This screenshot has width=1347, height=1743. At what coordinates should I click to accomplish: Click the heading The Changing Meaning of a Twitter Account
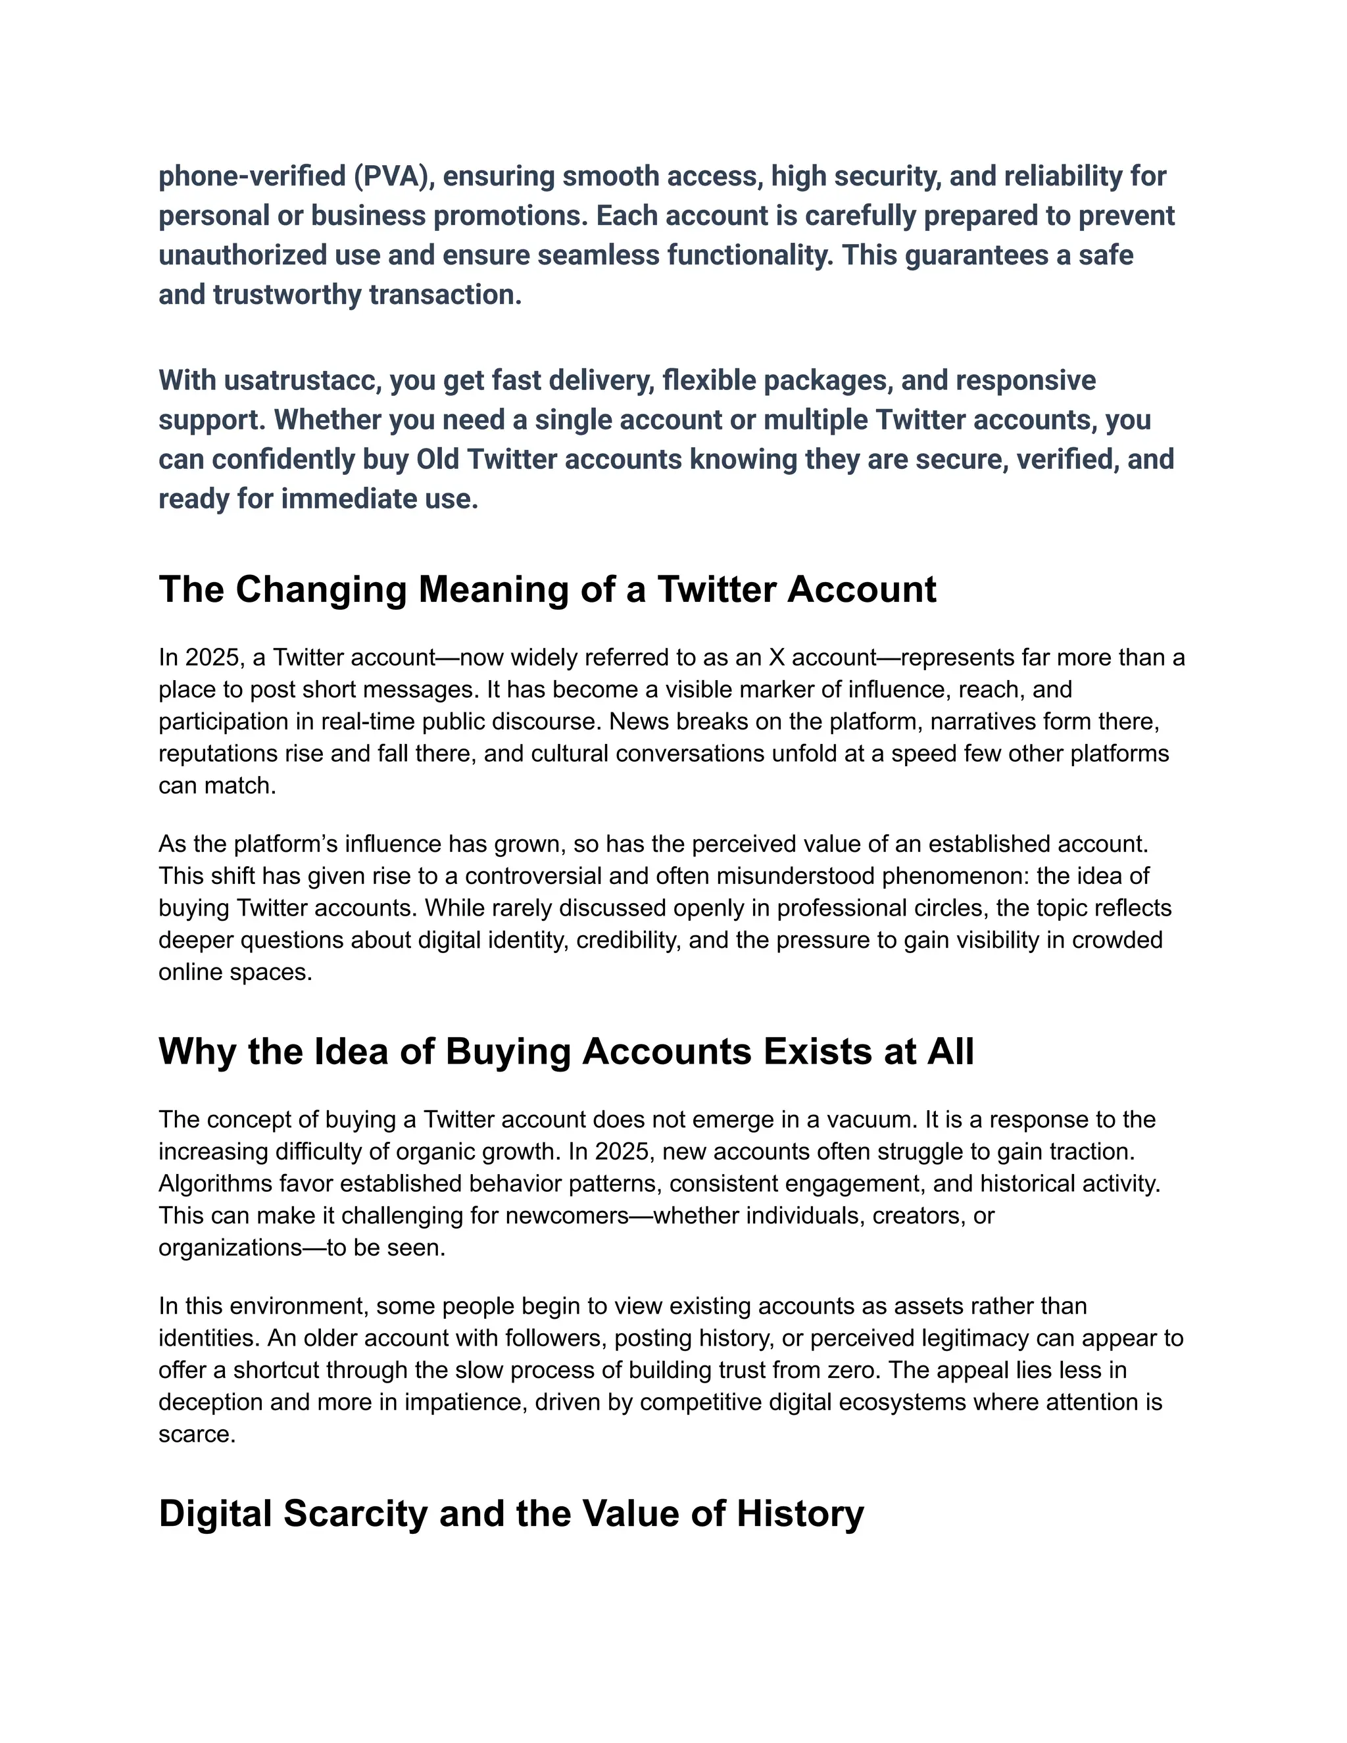point(547,590)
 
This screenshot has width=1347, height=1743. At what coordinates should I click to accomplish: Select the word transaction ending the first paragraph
point(446,295)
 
